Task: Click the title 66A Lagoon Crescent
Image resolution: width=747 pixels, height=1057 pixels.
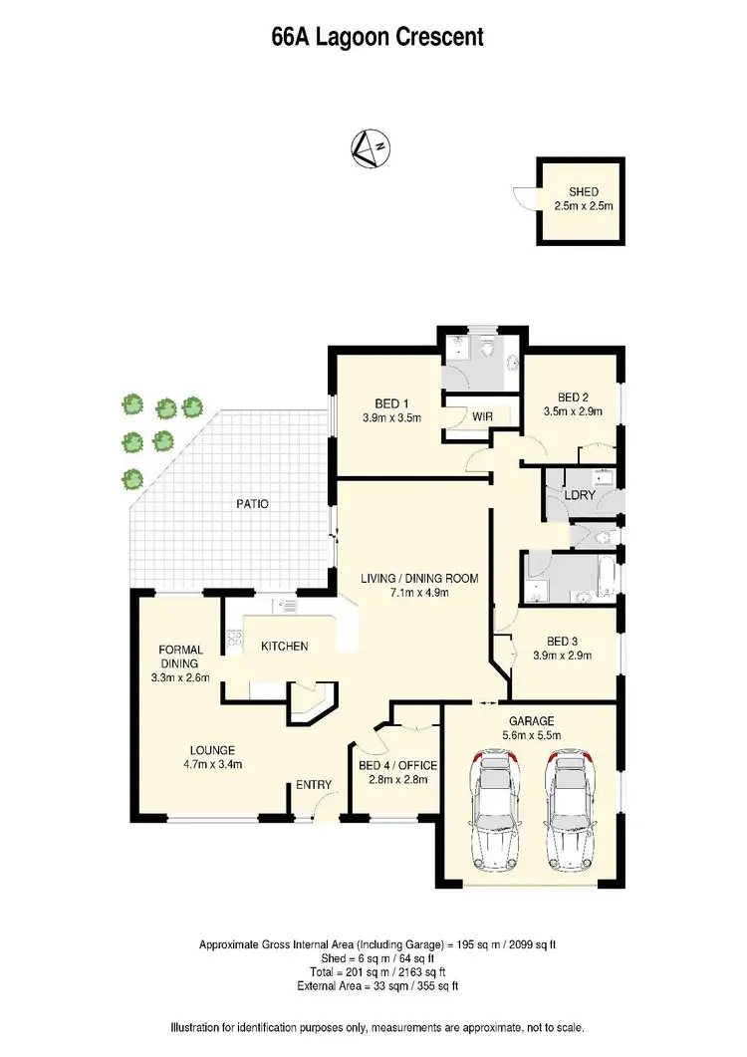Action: pyautogui.click(x=376, y=38)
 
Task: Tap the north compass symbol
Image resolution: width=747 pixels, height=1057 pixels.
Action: pyautogui.click(x=370, y=148)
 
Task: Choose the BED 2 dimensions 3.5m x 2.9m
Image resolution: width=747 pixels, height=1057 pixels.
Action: pyautogui.click(x=573, y=410)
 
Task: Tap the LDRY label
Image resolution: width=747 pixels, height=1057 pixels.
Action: pyautogui.click(x=579, y=495)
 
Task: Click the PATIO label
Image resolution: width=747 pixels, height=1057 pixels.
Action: pyautogui.click(x=253, y=504)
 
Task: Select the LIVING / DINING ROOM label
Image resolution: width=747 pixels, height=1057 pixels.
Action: pyautogui.click(x=419, y=578)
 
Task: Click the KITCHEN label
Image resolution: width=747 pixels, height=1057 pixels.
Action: pyautogui.click(x=284, y=647)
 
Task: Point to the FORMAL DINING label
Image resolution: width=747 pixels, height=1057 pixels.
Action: pyautogui.click(x=180, y=657)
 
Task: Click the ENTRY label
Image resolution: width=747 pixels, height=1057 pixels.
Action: pyautogui.click(x=314, y=785)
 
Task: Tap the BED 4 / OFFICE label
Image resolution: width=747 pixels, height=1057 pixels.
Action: pyautogui.click(x=397, y=765)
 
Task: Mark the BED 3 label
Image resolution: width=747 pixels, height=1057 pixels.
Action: pyautogui.click(x=562, y=641)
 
